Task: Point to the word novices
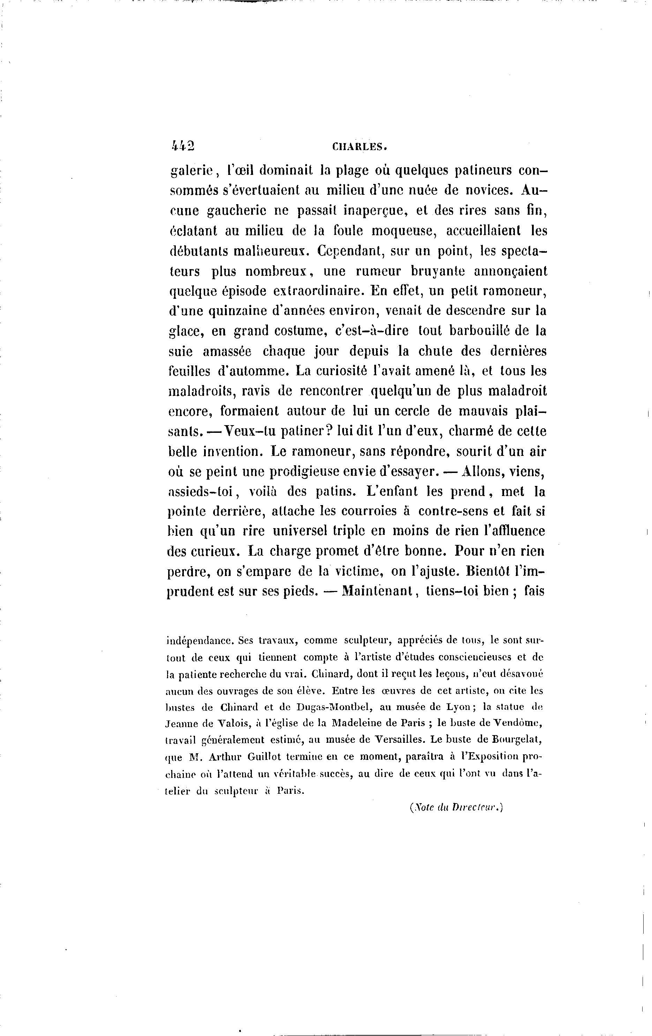click(x=487, y=190)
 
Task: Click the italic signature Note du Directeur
click(x=456, y=808)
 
